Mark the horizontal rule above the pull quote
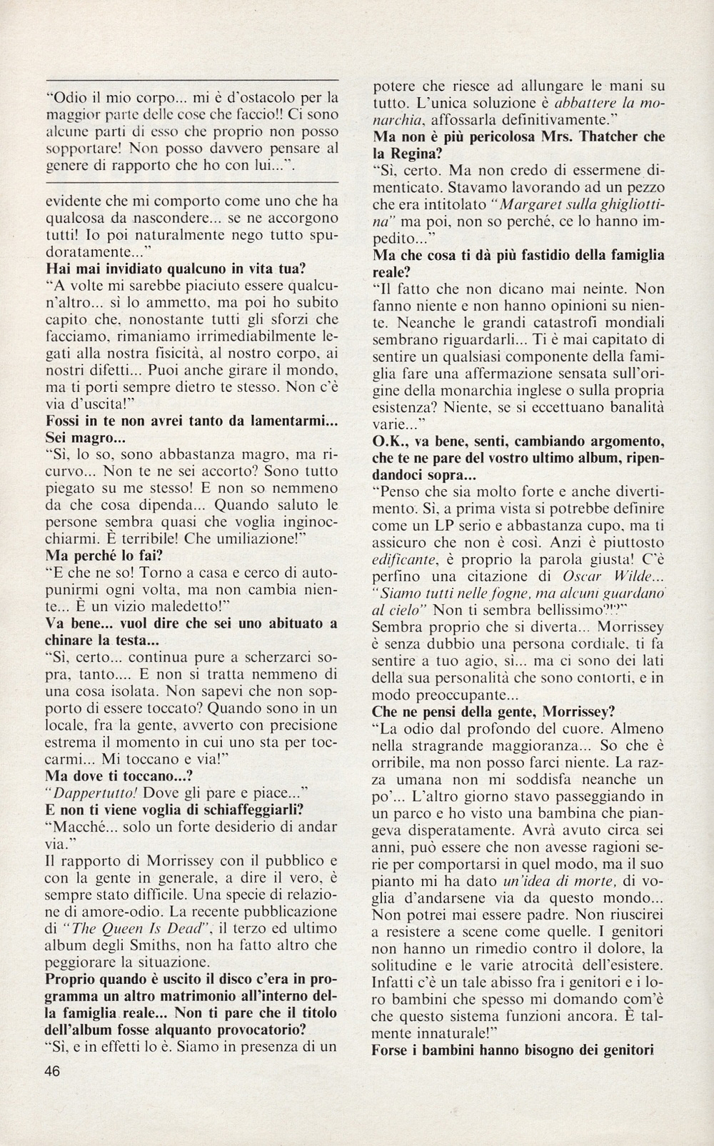point(191,79)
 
